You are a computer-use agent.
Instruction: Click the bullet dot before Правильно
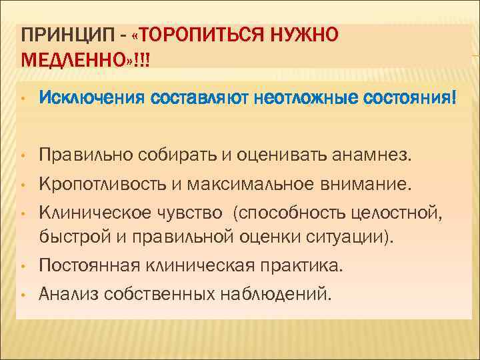tap(21, 157)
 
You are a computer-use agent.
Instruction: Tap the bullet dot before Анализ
tap(21, 293)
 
